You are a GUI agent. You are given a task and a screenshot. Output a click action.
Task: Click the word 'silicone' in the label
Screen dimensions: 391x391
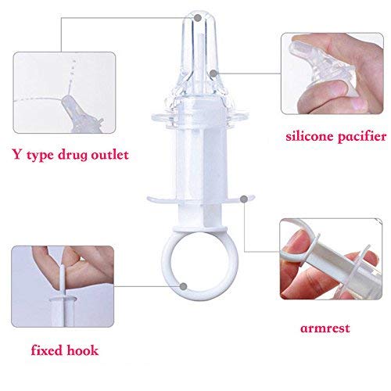[310, 136]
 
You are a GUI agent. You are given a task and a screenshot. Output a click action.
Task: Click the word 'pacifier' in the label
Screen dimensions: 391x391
[362, 137]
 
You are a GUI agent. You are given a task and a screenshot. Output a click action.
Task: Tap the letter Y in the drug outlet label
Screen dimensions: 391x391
[17, 155]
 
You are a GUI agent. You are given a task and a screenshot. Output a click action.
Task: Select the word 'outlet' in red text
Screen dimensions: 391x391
[109, 155]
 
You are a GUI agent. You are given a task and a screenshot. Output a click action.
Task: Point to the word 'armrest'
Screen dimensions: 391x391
[325, 328]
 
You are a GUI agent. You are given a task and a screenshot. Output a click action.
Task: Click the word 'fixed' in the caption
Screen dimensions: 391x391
[46, 350]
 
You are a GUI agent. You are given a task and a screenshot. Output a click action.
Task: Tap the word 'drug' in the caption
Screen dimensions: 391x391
[73, 156]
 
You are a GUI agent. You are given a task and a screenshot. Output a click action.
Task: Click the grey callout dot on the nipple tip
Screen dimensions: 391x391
[198, 18]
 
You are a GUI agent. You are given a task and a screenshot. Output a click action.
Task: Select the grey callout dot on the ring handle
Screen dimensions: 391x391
[184, 286]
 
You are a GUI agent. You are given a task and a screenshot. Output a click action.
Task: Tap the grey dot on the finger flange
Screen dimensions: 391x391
[244, 199]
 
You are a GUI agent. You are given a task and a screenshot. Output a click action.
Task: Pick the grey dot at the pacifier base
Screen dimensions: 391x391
[213, 74]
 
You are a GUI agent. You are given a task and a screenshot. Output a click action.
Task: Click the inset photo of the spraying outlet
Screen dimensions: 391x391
[64, 92]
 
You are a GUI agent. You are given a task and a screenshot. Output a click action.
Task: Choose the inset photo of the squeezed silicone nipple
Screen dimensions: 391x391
[332, 74]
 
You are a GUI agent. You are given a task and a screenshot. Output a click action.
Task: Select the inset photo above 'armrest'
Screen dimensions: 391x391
[331, 259]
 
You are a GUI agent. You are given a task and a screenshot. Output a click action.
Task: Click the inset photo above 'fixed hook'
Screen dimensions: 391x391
[63, 286]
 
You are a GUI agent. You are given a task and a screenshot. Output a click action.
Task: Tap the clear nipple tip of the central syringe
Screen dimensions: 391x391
[199, 31]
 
